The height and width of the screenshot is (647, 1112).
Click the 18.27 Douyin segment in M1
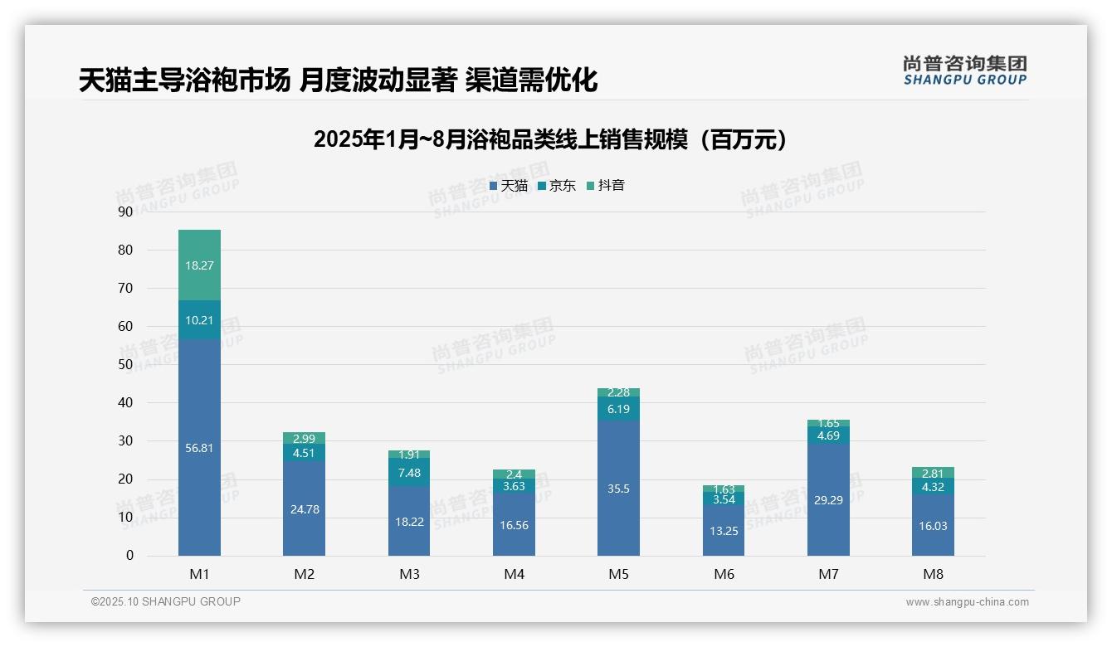tap(199, 265)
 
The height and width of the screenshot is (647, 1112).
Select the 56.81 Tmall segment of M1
tap(199, 447)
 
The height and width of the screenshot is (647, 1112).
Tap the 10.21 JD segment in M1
tap(199, 320)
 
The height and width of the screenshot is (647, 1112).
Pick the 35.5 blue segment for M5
tap(618, 488)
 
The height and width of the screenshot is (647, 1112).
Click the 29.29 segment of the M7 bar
tap(828, 499)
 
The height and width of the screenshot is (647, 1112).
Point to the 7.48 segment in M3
tap(409, 472)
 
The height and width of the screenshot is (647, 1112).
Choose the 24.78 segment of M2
tap(304, 508)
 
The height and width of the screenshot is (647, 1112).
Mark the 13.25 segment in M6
tap(724, 530)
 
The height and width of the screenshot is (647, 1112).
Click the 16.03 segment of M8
tap(933, 525)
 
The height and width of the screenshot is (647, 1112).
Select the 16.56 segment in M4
tap(514, 524)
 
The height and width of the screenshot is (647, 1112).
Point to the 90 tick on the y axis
tap(125, 212)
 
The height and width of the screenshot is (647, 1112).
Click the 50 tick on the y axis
tap(125, 364)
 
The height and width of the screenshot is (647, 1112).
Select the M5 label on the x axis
tap(618, 574)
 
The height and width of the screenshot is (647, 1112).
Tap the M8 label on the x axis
tap(933, 574)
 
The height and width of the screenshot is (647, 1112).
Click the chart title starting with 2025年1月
tap(550, 139)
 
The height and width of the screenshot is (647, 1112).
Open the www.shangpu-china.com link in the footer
tap(967, 602)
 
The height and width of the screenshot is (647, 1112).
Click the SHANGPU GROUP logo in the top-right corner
tap(964, 70)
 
